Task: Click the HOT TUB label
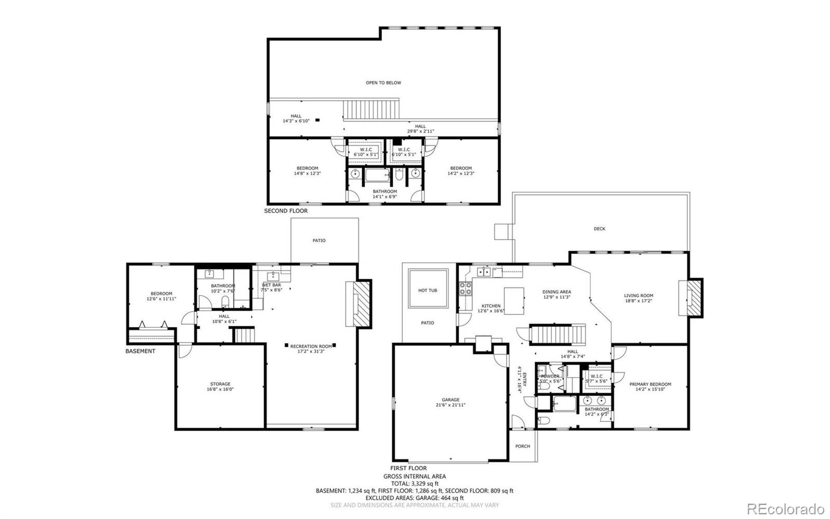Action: pyautogui.click(x=427, y=290)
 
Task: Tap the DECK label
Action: pyautogui.click(x=599, y=229)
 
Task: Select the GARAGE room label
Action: pyautogui.click(x=450, y=400)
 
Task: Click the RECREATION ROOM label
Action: pyautogui.click(x=311, y=346)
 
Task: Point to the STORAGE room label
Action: pyautogui.click(x=220, y=384)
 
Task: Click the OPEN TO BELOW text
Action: pyautogui.click(x=383, y=83)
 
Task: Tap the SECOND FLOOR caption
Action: pyautogui.click(x=286, y=211)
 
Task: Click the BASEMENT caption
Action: pyautogui.click(x=140, y=351)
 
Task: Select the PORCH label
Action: pyautogui.click(x=522, y=446)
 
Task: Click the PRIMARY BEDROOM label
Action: pyautogui.click(x=650, y=385)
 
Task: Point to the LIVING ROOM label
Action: pyautogui.click(x=639, y=296)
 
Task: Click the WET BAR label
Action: pyautogui.click(x=271, y=285)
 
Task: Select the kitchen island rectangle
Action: pyautogui.click(x=514, y=301)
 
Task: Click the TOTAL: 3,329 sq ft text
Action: pyautogui.click(x=414, y=483)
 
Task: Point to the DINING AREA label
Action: pyautogui.click(x=557, y=292)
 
